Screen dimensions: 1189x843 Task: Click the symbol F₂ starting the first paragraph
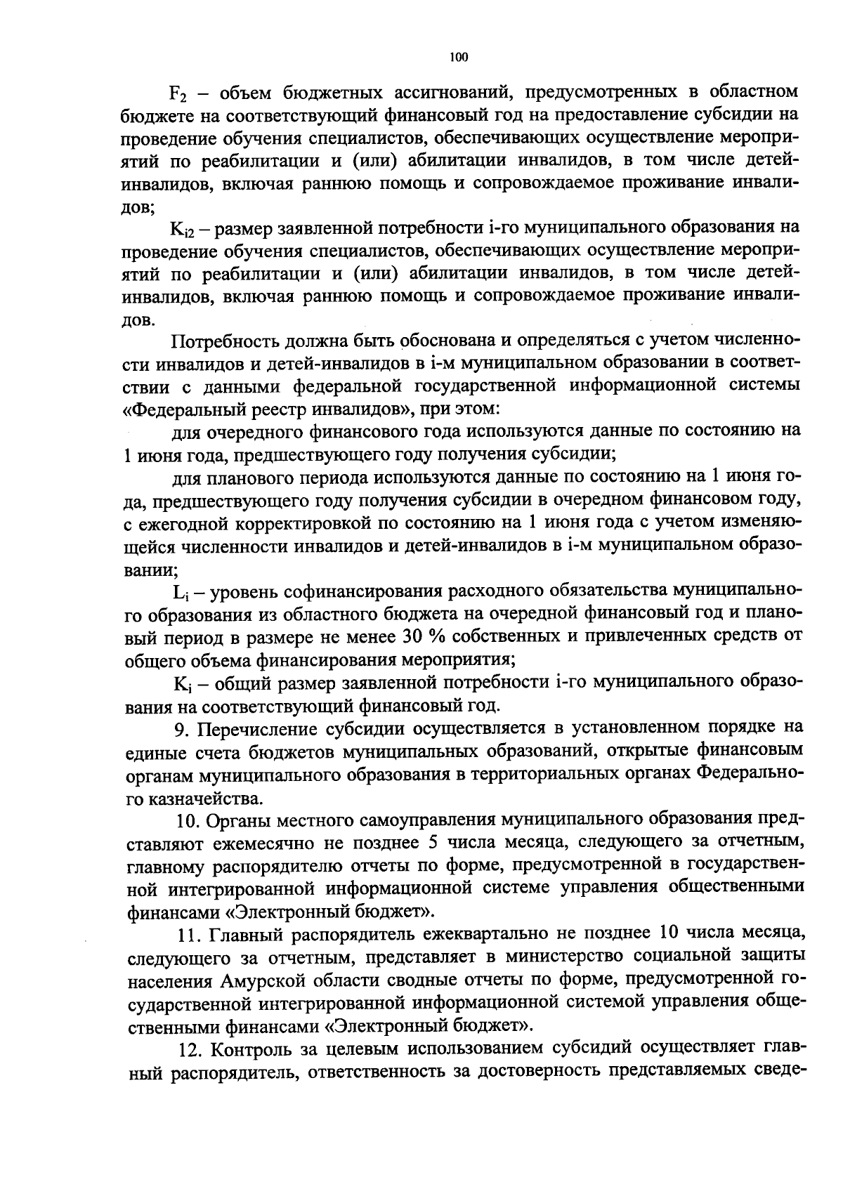coord(179,93)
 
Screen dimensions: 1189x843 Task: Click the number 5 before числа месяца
coord(432,843)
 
